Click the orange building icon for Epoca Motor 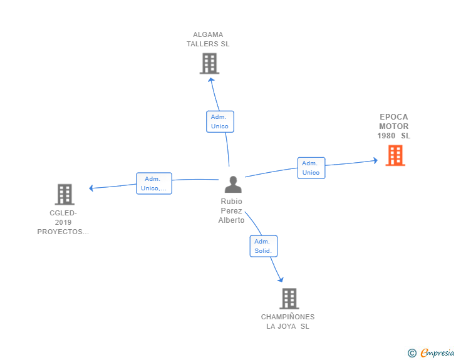click(x=395, y=155)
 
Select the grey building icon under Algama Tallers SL click(x=209, y=63)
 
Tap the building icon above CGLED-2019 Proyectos click(x=65, y=194)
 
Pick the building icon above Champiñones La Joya click(x=289, y=299)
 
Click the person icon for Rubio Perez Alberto click(x=233, y=184)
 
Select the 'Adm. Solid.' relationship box click(x=264, y=246)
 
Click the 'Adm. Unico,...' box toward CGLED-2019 click(x=154, y=183)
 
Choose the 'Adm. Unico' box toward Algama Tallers click(x=220, y=121)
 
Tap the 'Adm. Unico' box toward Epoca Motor click(x=311, y=168)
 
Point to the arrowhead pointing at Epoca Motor click(x=375, y=160)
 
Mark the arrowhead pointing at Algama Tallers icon click(x=211, y=80)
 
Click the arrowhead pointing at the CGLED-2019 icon click(x=91, y=188)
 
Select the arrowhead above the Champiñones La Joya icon click(x=281, y=279)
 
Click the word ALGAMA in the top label click(x=208, y=34)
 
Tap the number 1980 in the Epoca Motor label click(x=386, y=136)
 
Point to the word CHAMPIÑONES click(x=288, y=317)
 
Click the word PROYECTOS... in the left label click(x=63, y=232)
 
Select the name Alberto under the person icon click(x=231, y=220)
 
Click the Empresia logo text click(x=437, y=352)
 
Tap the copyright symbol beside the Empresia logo click(x=412, y=353)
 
